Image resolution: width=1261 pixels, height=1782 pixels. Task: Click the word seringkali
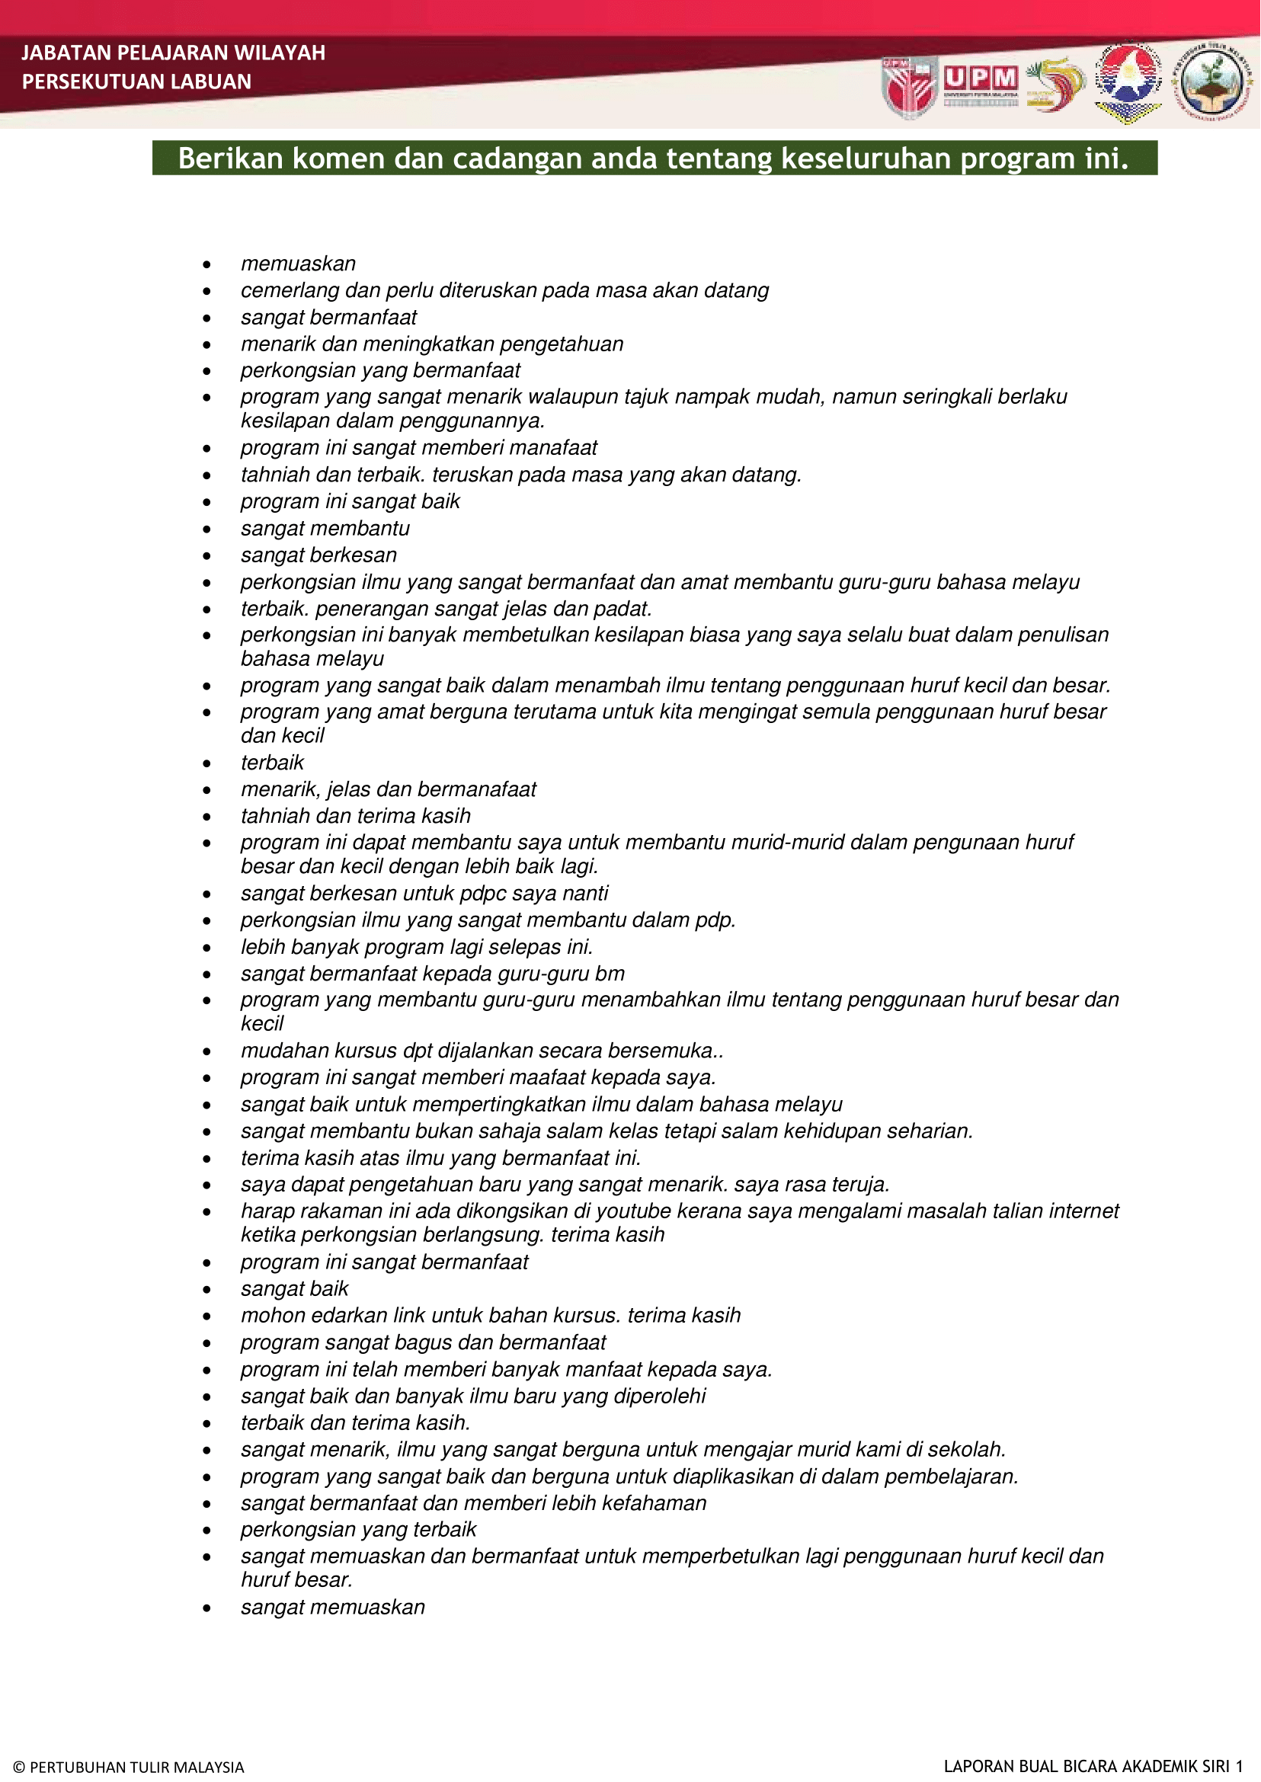921,397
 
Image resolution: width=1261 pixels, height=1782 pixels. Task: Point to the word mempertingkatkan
500,1104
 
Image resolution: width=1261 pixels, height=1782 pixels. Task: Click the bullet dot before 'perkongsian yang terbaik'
206,1531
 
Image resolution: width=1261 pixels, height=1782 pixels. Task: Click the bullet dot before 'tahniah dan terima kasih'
206,817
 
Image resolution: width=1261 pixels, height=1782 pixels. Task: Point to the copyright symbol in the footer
19,1768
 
